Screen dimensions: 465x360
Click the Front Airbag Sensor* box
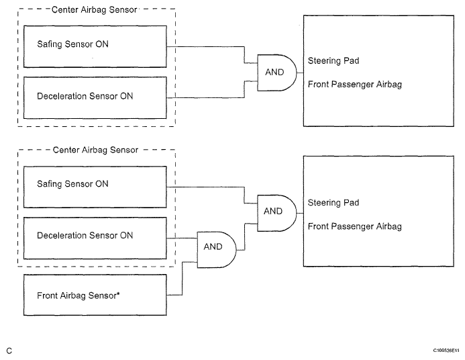click(x=95, y=295)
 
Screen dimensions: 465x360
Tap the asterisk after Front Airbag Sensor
click(x=118, y=294)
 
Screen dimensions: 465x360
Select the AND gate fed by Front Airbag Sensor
click(x=217, y=250)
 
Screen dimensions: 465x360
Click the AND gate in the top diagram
click(x=276, y=73)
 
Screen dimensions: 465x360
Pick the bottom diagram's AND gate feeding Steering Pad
click(x=276, y=213)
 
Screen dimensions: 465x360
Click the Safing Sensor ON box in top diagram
click(x=95, y=46)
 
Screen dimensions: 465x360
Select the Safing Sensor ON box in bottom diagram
click(x=95, y=187)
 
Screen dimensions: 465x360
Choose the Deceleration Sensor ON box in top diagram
click(x=95, y=97)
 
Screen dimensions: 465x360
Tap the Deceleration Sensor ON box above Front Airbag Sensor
click(x=95, y=238)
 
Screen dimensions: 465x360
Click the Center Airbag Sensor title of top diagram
click(x=95, y=10)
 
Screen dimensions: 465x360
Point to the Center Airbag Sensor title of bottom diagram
click(x=95, y=150)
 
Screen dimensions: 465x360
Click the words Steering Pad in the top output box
click(x=333, y=61)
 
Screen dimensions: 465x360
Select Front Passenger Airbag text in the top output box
click(x=355, y=84)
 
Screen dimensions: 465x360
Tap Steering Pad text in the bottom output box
click(x=333, y=203)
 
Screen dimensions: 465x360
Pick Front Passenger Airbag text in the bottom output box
click(x=355, y=226)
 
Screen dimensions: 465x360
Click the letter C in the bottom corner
click(x=9, y=351)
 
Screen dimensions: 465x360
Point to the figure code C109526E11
click(x=446, y=351)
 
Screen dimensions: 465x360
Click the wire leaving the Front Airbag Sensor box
click(x=182, y=278)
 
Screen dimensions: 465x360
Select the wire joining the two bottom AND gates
click(x=245, y=237)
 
